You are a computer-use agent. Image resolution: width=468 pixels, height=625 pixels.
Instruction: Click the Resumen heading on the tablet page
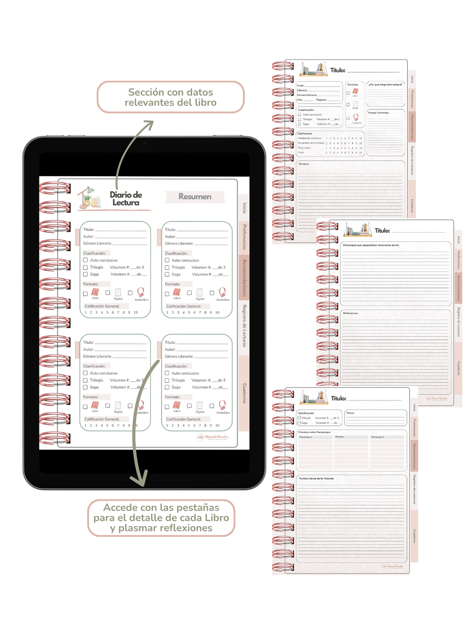coord(195,197)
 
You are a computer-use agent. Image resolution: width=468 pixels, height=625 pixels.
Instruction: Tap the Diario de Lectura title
coord(126,198)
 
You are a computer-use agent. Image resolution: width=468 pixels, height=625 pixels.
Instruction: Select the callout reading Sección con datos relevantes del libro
coord(170,97)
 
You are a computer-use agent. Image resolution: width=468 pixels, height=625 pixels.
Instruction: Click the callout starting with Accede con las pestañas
coord(161,518)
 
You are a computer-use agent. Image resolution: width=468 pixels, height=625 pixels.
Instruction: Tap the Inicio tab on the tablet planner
coord(244,208)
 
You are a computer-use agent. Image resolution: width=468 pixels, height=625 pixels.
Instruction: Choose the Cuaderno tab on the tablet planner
coord(244,393)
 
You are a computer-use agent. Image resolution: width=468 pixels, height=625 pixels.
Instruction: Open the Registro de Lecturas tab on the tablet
coord(244,326)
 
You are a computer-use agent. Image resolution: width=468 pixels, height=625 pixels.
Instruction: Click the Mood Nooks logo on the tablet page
coord(213,437)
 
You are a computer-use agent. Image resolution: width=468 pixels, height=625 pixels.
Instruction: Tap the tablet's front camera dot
coord(144,143)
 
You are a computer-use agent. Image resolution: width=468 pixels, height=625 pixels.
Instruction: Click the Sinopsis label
coord(304,164)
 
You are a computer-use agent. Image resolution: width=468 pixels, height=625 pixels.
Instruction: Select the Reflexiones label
coord(350,313)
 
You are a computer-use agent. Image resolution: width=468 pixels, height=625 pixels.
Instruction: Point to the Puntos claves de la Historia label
coord(316,479)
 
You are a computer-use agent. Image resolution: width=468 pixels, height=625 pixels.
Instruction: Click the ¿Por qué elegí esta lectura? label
coord(385,85)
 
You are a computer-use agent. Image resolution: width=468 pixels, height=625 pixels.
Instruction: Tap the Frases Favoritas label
coord(379,112)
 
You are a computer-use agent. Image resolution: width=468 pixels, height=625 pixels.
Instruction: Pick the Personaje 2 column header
coord(377,437)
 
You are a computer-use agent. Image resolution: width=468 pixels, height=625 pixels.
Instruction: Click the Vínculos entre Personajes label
coord(314,432)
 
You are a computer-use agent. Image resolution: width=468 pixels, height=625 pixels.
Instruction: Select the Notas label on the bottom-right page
coord(350,413)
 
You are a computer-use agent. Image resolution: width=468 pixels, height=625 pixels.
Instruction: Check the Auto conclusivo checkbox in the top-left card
coord(85,260)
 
